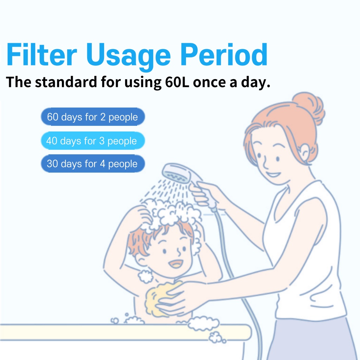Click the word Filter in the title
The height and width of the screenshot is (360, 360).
point(41,54)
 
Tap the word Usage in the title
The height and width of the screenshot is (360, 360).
point(128,57)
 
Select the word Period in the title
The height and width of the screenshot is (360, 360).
point(224,54)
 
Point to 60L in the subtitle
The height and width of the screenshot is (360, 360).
point(177,82)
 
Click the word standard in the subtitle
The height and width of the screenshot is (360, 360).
point(66,82)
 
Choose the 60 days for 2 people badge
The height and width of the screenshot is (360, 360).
point(93,117)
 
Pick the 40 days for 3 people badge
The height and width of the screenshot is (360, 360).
point(93,141)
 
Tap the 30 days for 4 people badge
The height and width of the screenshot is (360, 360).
point(93,164)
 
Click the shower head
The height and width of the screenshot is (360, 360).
point(176,173)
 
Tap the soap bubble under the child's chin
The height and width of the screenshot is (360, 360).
point(145,276)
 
